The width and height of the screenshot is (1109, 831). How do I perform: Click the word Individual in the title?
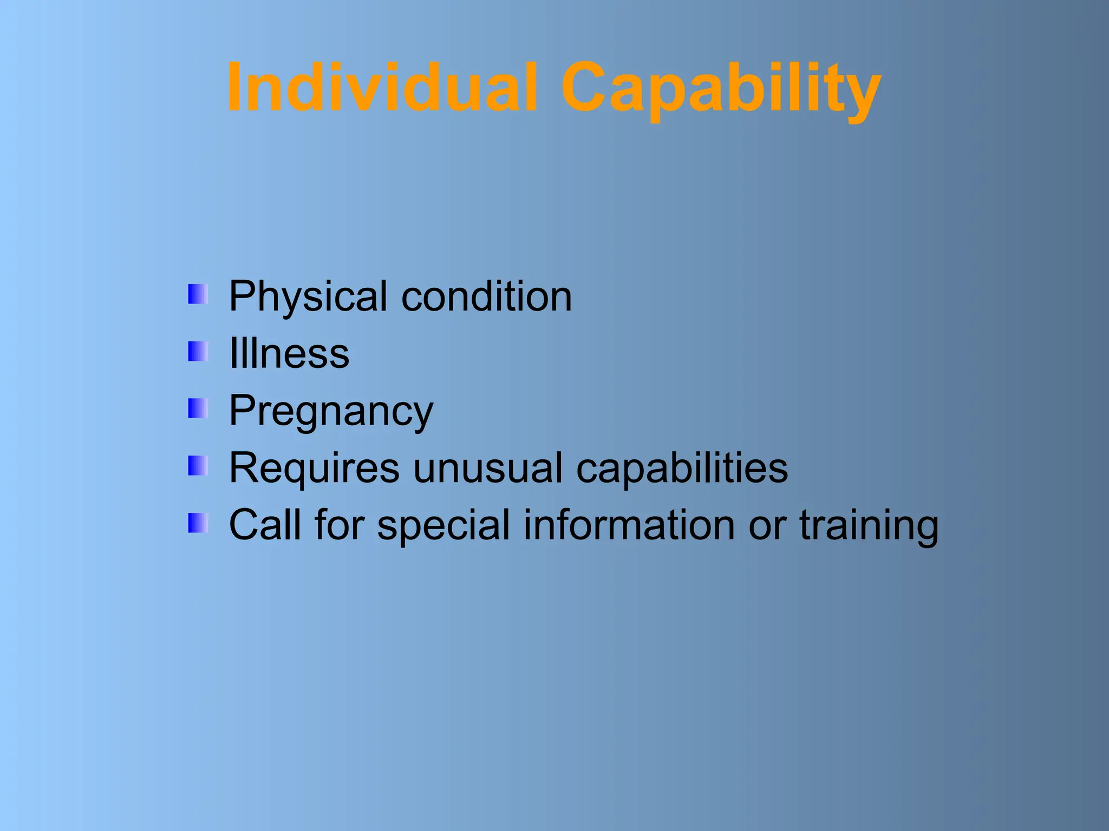382,88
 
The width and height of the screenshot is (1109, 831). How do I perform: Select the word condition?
486,296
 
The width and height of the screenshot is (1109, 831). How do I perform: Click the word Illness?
289,353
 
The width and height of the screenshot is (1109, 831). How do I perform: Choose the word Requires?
314,467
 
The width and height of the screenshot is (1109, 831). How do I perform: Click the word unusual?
488,467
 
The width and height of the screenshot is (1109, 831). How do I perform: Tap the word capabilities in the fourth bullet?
682,467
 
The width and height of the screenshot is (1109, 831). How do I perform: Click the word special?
443,524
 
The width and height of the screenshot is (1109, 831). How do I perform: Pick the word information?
629,524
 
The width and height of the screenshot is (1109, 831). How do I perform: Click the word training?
869,524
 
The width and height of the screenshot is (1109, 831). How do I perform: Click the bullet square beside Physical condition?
198,294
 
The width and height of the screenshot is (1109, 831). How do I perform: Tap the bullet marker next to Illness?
198,352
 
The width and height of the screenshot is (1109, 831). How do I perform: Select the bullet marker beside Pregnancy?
198,408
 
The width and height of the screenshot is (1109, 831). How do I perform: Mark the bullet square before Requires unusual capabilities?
198,466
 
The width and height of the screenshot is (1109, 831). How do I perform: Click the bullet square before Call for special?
198,523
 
